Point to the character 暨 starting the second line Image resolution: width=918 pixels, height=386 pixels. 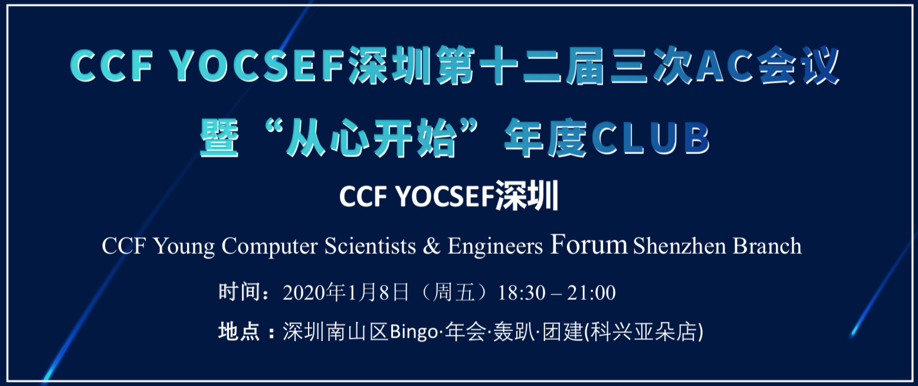point(219,138)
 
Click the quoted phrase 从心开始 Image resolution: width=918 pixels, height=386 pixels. point(371,138)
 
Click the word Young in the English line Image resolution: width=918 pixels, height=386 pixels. point(184,247)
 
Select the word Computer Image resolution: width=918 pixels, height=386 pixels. point(270,247)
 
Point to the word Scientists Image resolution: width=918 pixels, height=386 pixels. point(370,246)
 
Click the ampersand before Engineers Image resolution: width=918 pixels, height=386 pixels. point(431,246)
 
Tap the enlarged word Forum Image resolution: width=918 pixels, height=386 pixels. point(589,244)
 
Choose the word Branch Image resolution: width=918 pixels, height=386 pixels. point(767,246)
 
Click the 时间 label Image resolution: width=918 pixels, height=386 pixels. point(239,292)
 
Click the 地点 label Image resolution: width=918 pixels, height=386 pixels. point(239,332)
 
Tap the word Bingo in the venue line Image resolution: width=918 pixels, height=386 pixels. point(414,332)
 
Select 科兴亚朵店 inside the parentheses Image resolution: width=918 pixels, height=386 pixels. point(644,332)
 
